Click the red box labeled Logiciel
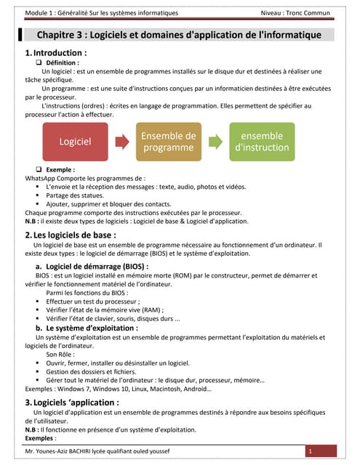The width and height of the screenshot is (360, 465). tap(75, 142)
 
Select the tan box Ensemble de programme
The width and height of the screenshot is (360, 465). tap(168, 142)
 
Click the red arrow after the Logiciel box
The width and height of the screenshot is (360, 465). tap(121, 142)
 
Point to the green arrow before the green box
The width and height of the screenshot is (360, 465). tap(215, 142)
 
